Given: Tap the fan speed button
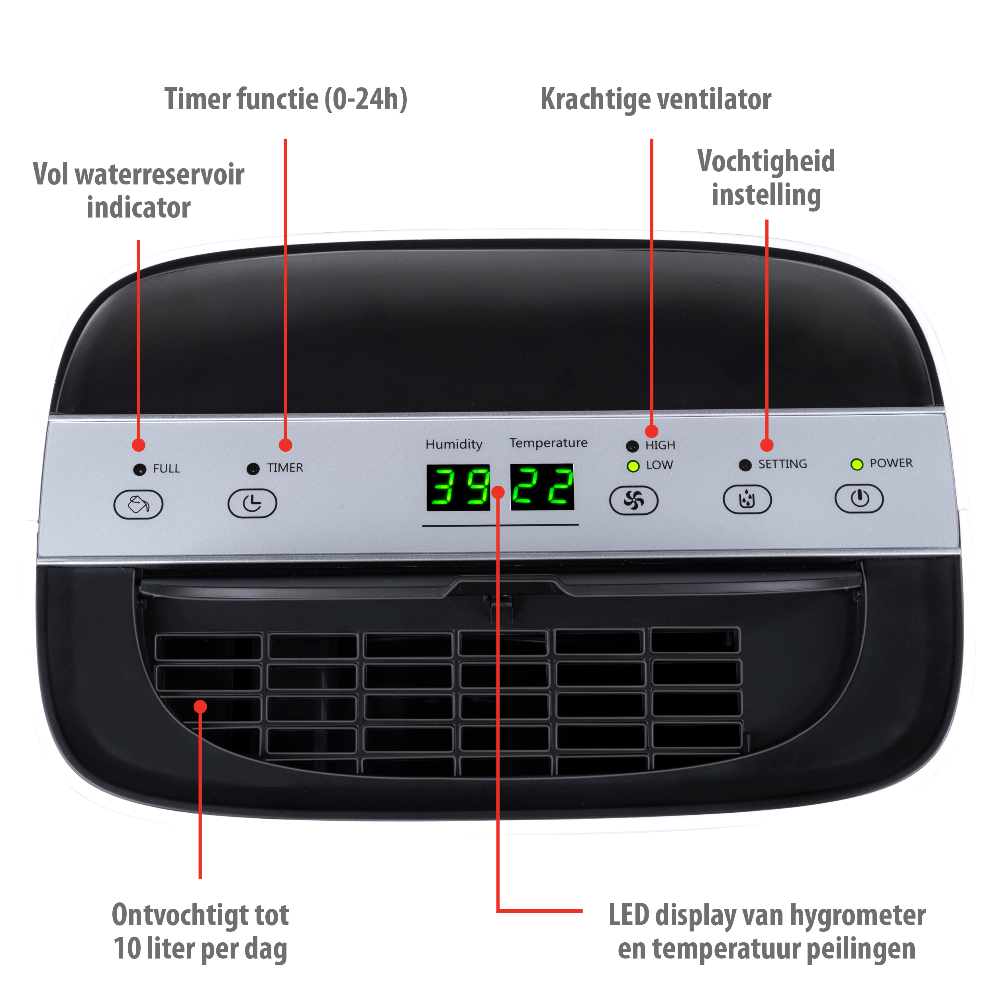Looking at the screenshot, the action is pyautogui.click(x=633, y=500).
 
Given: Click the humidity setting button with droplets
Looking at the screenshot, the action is pyautogui.click(x=747, y=499).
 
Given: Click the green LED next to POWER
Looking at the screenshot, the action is pyautogui.click(x=857, y=465).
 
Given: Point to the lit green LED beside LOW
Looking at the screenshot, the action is pyautogui.click(x=633, y=466).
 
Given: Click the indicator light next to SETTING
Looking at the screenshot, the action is pyautogui.click(x=745, y=465).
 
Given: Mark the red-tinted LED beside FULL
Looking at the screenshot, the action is pyautogui.click(x=139, y=470).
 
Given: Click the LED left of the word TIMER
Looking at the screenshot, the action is pyautogui.click(x=253, y=469).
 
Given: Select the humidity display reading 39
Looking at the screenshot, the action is pyautogui.click(x=458, y=487).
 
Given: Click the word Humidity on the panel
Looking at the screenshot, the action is pyautogui.click(x=454, y=444).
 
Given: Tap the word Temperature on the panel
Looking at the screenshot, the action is pyautogui.click(x=549, y=443).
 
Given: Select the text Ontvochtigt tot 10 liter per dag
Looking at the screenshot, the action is pyautogui.click(x=200, y=931).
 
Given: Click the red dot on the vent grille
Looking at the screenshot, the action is pyautogui.click(x=200, y=707).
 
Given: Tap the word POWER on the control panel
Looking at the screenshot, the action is pyautogui.click(x=891, y=463).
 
